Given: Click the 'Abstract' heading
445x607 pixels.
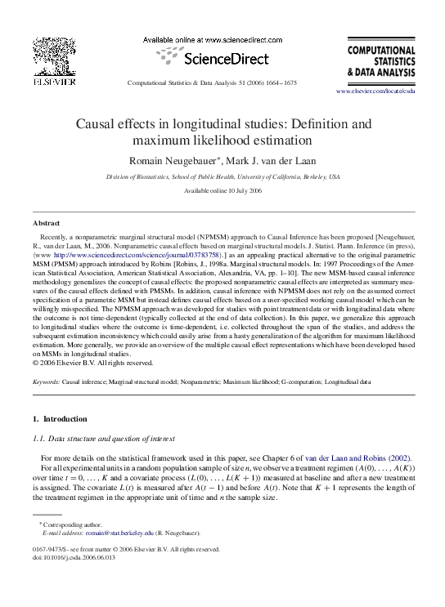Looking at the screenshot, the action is pyautogui.click(x=46, y=222).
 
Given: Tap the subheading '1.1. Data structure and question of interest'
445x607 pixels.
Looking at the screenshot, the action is pyautogui.click(x=105, y=439).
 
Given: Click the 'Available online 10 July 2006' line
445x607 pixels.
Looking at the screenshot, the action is pyautogui.click(x=222, y=190).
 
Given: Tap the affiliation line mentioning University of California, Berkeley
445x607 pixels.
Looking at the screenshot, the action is pyautogui.click(x=222, y=176).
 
